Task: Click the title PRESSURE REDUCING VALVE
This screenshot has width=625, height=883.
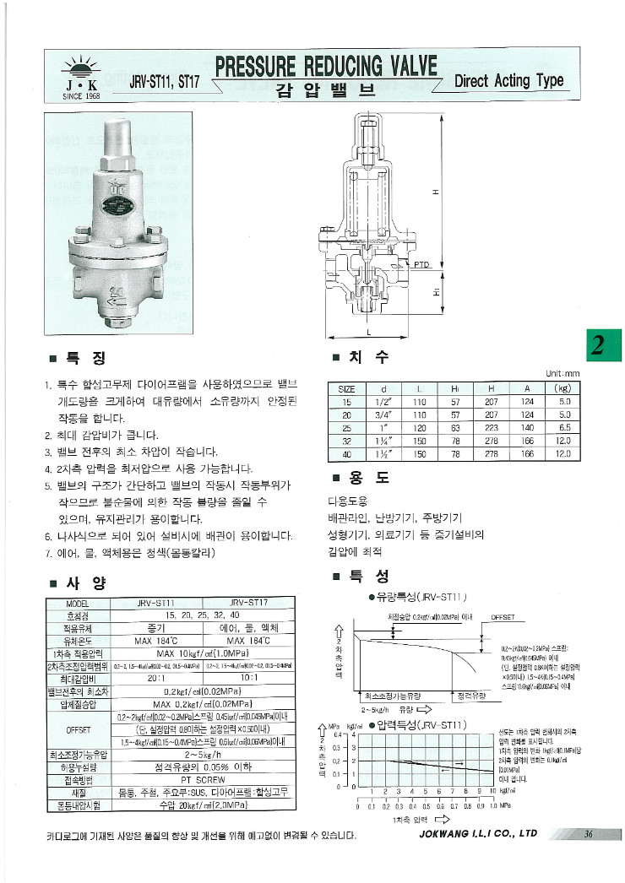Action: pyautogui.click(x=326, y=67)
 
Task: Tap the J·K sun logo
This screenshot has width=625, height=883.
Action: pyautogui.click(x=81, y=74)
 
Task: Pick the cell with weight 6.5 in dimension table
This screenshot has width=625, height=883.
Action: pyautogui.click(x=564, y=428)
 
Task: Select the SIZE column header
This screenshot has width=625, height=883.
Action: pyautogui.click(x=346, y=389)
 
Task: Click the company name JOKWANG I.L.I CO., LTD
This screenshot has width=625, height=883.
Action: pyautogui.click(x=478, y=834)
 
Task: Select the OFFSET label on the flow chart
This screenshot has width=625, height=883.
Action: pyautogui.click(x=503, y=617)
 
